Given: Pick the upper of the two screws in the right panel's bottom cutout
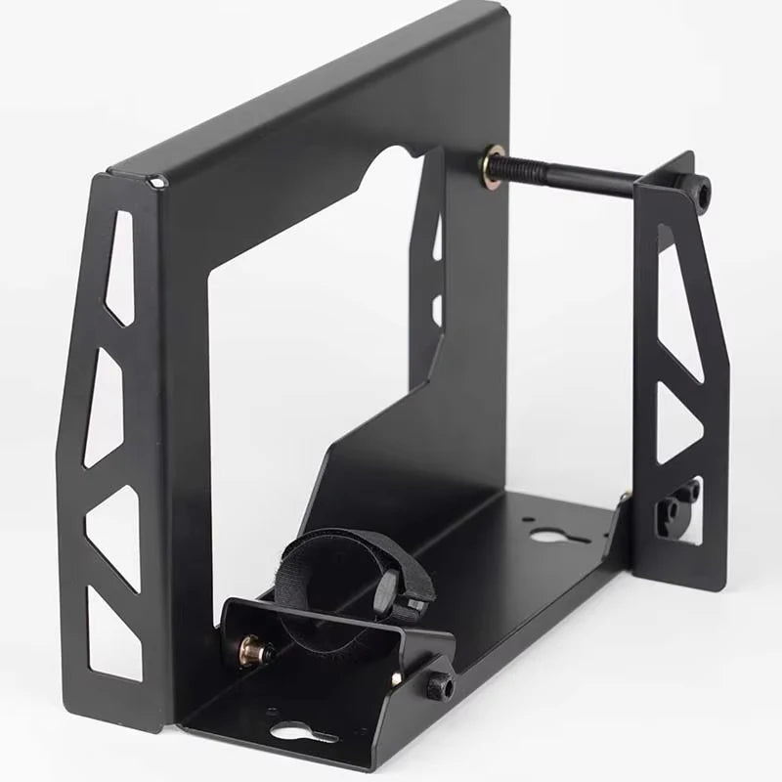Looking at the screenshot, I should pos(690,492).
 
